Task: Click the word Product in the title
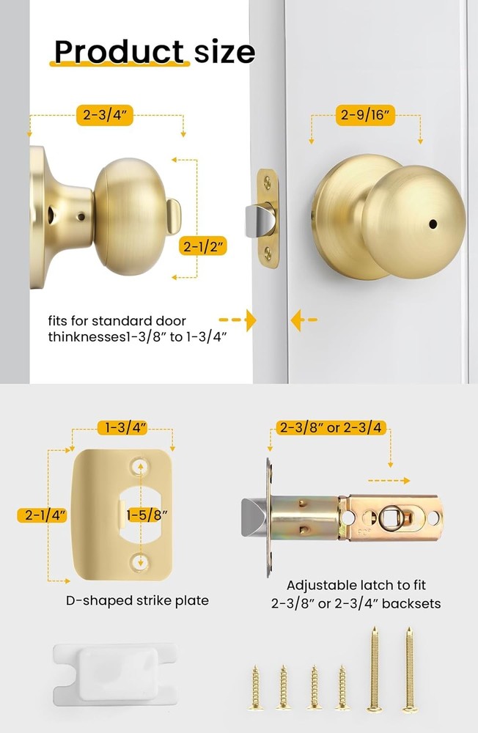tap(119, 52)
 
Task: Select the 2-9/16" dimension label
tap(367, 114)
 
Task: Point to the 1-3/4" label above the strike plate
tap(122, 426)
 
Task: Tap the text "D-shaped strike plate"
tap(137, 600)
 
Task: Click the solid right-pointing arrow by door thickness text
tap(250, 320)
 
